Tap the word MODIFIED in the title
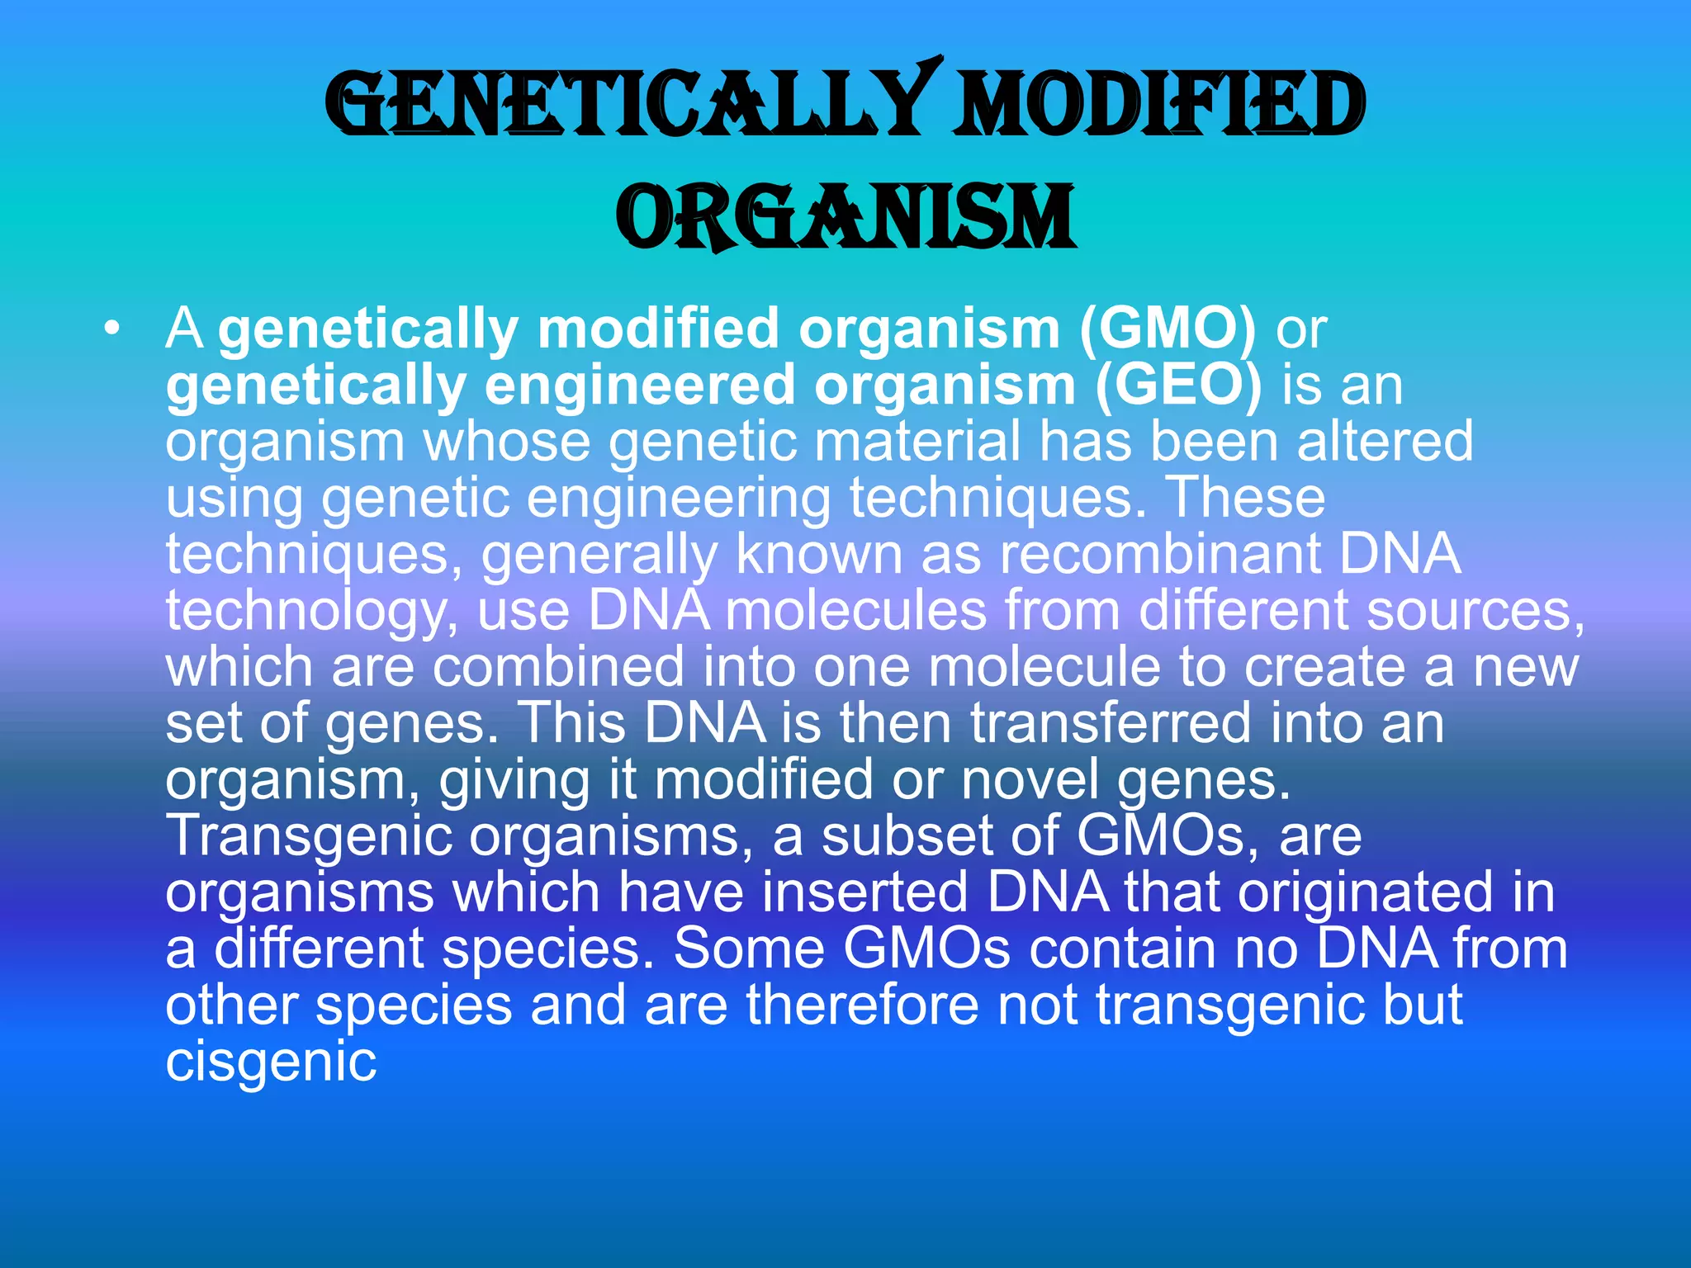1158,106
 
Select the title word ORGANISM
845,216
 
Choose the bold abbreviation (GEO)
1179,386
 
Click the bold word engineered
639,386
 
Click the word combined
559,667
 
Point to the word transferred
1111,723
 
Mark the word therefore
862,1005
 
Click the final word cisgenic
271,1062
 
